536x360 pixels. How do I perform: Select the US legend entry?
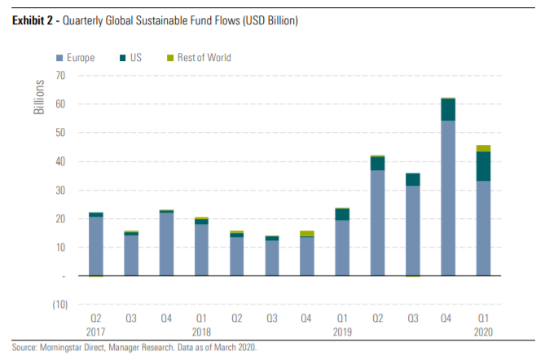tap(136, 58)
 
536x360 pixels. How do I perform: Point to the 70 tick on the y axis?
tap(59, 76)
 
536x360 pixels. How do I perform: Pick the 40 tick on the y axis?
tap(59, 161)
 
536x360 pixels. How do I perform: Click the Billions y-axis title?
tap(38, 97)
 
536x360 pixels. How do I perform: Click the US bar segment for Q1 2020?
tap(484, 166)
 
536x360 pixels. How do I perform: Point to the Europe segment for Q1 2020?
tap(484, 228)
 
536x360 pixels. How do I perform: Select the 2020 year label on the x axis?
tap(484, 333)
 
